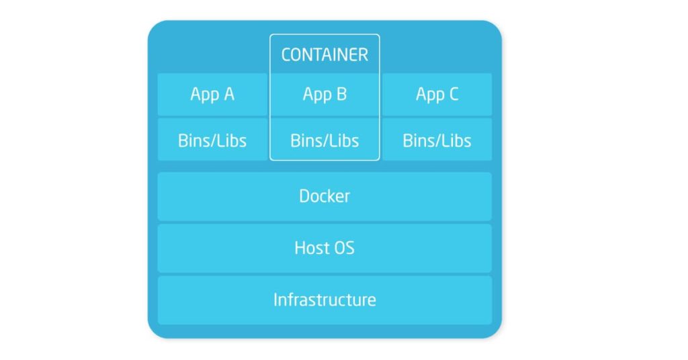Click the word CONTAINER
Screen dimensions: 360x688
325,54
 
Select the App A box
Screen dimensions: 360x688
212,95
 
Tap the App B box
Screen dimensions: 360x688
325,95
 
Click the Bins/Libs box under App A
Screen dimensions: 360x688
212,140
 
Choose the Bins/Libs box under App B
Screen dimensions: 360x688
325,140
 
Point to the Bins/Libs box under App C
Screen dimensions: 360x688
437,140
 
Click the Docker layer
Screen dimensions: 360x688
325,196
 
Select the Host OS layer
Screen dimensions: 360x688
325,248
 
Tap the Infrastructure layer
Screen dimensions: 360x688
325,300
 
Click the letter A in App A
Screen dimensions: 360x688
228,94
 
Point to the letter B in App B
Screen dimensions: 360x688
341,94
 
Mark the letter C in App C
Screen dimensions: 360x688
453,94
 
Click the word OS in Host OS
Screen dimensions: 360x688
343,248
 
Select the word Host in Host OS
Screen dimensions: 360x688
311,248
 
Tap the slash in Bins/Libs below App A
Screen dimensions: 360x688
214,140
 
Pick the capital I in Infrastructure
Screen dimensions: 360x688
275,300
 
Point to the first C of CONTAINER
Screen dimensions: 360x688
286,54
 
